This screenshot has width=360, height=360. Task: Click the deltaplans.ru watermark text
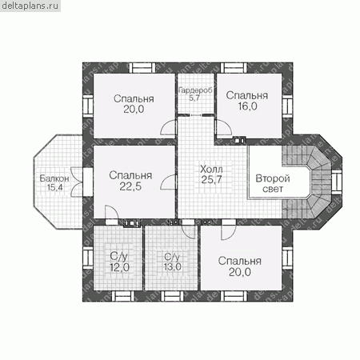(x=30, y=6)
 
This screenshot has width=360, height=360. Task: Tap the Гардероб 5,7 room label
(x=195, y=94)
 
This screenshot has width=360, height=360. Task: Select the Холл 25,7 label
(x=211, y=174)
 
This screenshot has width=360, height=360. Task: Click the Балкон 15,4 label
(x=54, y=182)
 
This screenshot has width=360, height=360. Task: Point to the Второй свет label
(x=273, y=183)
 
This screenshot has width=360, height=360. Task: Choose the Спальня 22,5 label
(x=130, y=181)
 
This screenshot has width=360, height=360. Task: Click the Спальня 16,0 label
(x=247, y=101)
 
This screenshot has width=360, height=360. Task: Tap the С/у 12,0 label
(x=119, y=262)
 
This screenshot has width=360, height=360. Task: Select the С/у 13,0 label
(x=173, y=262)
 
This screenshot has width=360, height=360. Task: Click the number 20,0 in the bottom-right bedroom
(x=240, y=272)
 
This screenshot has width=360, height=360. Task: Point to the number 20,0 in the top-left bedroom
(x=134, y=109)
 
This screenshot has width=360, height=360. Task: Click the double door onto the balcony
(x=77, y=182)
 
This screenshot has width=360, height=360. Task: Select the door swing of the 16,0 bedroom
(x=223, y=127)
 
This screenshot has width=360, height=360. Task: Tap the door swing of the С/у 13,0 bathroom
(x=189, y=230)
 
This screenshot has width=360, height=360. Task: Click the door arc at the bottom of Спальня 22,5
(x=112, y=212)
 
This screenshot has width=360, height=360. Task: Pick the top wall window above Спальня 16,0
(x=234, y=68)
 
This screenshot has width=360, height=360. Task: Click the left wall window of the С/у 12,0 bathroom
(x=88, y=258)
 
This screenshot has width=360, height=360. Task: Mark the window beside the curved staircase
(x=337, y=182)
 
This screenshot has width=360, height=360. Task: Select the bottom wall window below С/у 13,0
(x=172, y=296)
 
